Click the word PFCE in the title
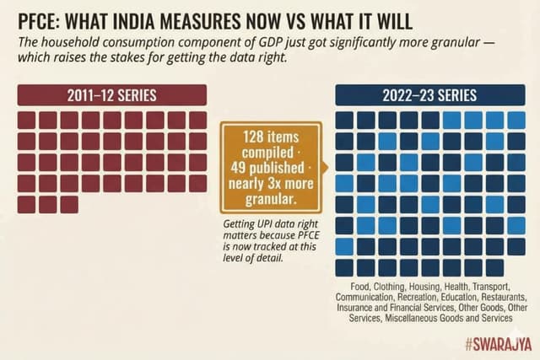pyautogui.click(x=33, y=18)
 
